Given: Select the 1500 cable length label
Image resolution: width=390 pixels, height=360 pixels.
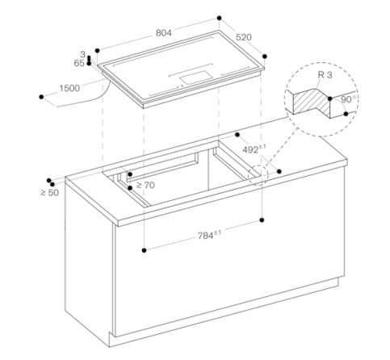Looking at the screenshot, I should click(x=69, y=87).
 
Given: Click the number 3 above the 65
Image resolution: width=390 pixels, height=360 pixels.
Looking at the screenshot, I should click(x=83, y=54).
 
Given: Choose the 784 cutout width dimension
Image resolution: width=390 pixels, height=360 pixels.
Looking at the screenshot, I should click(x=209, y=236).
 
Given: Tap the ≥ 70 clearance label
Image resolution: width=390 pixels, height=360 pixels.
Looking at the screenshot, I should click(x=146, y=186).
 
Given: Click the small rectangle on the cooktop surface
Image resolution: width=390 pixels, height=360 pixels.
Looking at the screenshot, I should click(x=195, y=77).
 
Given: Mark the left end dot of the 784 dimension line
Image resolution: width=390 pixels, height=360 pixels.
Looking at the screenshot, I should click(x=143, y=251).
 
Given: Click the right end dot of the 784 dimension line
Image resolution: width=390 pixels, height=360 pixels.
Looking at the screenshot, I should click(x=263, y=218).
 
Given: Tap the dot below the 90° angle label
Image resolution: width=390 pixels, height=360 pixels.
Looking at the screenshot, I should click(x=345, y=115).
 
